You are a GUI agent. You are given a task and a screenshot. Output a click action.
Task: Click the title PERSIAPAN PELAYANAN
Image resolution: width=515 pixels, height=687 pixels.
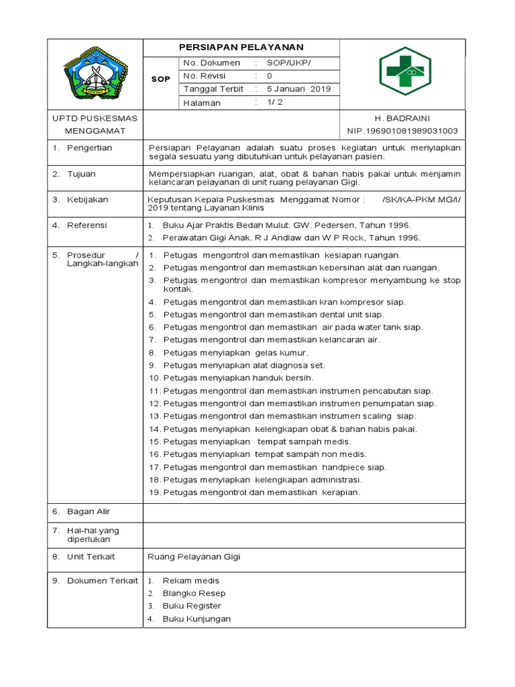click(241, 47)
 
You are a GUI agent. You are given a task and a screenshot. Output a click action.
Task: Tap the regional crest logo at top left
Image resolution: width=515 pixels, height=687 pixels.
click(95, 74)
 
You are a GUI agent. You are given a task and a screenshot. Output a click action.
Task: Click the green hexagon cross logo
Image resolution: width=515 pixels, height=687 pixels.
click(402, 71)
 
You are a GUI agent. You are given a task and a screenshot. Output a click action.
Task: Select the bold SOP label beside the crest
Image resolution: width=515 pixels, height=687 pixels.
click(160, 78)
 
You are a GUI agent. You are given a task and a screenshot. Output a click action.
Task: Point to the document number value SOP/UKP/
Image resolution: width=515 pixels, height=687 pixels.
click(288, 62)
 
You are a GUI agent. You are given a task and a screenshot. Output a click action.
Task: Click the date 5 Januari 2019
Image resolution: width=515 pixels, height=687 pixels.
click(298, 89)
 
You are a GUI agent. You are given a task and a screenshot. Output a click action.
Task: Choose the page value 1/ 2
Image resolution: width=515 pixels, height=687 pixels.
click(276, 103)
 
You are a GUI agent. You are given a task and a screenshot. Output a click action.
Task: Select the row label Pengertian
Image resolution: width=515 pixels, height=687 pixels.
click(89, 148)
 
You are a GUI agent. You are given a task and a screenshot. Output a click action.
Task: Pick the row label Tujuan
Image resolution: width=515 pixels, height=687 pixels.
click(81, 174)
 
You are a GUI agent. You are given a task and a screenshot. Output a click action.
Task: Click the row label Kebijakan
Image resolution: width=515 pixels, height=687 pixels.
click(87, 200)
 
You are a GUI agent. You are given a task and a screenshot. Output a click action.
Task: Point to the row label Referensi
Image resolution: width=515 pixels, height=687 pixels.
click(87, 225)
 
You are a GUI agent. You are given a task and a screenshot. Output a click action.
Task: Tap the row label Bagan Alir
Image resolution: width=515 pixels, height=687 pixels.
click(89, 512)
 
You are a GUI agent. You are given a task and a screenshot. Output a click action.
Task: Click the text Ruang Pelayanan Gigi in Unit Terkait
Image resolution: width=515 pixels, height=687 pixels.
click(193, 557)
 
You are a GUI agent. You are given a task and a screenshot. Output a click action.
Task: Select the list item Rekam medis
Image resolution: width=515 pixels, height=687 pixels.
click(190, 580)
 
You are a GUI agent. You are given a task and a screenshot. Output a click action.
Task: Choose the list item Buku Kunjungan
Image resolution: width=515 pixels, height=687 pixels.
click(196, 619)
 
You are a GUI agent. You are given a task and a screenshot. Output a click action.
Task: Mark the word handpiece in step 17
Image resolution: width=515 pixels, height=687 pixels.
click(343, 467)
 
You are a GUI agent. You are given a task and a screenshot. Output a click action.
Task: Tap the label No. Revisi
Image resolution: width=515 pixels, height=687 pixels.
click(205, 76)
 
